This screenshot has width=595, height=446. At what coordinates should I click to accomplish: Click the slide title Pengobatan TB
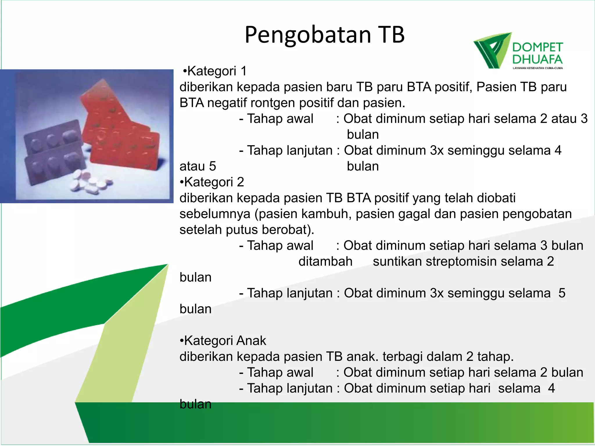point(325,35)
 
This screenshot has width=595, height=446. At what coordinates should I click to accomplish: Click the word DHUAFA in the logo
point(537,60)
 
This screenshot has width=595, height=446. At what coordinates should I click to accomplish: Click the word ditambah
point(325,261)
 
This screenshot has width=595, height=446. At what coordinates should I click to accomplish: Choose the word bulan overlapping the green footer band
point(195,404)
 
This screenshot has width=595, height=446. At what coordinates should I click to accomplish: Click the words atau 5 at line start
point(198,166)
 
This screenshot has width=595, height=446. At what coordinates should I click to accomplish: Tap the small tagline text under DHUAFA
point(537,68)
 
